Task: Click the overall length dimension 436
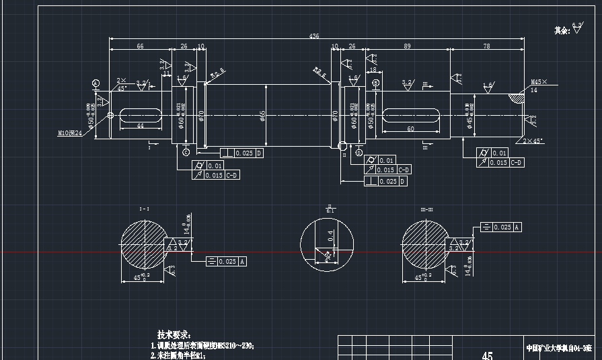(313, 36)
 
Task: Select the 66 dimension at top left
(140, 46)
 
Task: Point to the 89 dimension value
(408, 46)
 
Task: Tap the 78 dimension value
(486, 46)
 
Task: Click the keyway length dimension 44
(140, 127)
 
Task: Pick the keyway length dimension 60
(410, 129)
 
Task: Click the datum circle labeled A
(96, 83)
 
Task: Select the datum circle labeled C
(186, 152)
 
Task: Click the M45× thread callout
(539, 81)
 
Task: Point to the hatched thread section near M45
(517, 98)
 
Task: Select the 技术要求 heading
(174, 334)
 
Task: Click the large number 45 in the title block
(488, 355)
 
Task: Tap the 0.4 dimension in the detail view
(330, 235)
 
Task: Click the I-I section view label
(144, 210)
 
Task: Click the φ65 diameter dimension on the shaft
(263, 116)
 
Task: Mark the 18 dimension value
(373, 70)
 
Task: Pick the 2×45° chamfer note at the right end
(533, 141)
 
